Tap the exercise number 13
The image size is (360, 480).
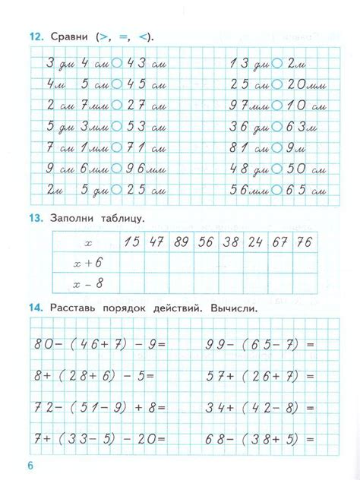click(x=35, y=219)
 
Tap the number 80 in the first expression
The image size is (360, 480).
click(x=43, y=344)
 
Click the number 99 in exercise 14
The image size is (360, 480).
click(x=215, y=344)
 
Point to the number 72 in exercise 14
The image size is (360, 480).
click(x=43, y=407)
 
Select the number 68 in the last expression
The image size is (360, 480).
click(x=215, y=438)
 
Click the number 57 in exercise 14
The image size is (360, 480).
click(x=215, y=376)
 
